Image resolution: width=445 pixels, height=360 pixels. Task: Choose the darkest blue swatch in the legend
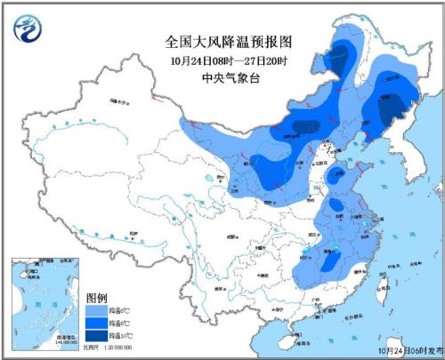click(x=95, y=337)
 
